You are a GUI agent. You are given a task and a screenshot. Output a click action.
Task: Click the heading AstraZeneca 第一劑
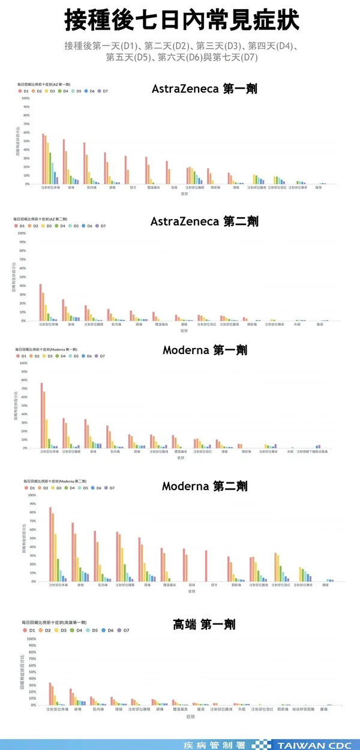point(204,89)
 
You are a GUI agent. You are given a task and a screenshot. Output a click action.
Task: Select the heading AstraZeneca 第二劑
point(204,221)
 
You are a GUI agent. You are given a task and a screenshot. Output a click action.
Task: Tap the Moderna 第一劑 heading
point(205,350)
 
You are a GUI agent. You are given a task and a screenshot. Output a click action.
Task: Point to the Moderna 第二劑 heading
point(205,486)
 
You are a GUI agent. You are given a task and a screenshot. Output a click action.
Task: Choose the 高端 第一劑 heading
point(204,625)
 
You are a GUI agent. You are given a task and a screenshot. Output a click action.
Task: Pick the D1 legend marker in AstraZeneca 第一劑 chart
point(20,91)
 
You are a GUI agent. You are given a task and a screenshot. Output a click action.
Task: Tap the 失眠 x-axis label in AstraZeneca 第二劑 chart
point(296,324)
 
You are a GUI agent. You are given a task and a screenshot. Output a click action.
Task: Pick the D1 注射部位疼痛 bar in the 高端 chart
point(50,694)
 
